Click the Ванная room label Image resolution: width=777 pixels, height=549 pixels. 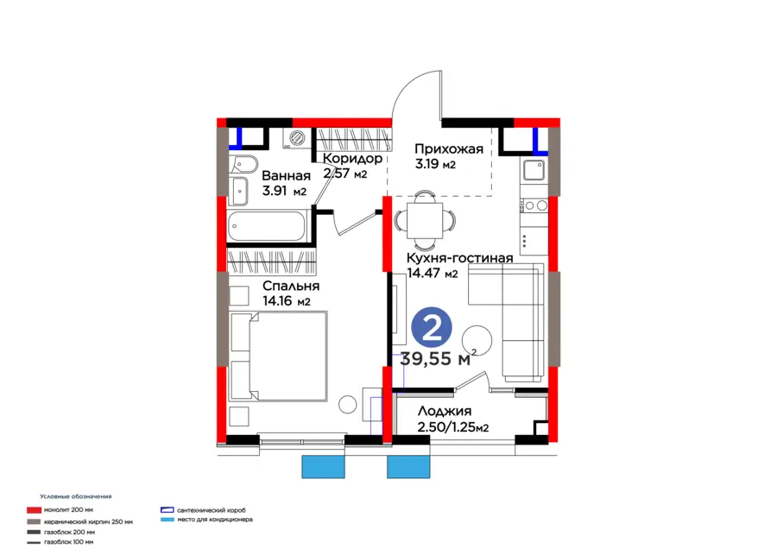(286, 176)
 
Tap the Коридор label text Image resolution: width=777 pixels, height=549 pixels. (352, 159)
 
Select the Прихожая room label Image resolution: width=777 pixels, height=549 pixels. (448, 149)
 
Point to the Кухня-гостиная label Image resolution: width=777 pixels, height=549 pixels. (459, 258)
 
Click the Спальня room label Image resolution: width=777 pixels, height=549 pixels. (291, 287)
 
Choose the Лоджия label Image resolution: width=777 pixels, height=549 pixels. (444, 411)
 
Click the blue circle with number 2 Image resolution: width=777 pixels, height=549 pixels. (432, 327)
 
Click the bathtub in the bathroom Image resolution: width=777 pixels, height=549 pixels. (267, 226)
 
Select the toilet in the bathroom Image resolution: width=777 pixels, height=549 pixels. (243, 164)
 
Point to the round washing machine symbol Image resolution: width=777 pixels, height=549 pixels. (297, 137)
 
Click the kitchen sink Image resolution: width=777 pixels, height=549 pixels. (534, 170)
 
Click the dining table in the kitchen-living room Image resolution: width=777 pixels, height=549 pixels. (425, 220)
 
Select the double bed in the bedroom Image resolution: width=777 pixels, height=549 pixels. (279, 356)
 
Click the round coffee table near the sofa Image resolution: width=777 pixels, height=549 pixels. (477, 340)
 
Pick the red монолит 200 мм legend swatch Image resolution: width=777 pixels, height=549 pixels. (33, 510)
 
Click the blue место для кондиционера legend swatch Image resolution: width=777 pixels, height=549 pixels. (167, 520)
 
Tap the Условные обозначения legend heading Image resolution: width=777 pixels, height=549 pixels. (76, 496)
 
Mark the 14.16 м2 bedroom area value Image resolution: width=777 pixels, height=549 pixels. (287, 300)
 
